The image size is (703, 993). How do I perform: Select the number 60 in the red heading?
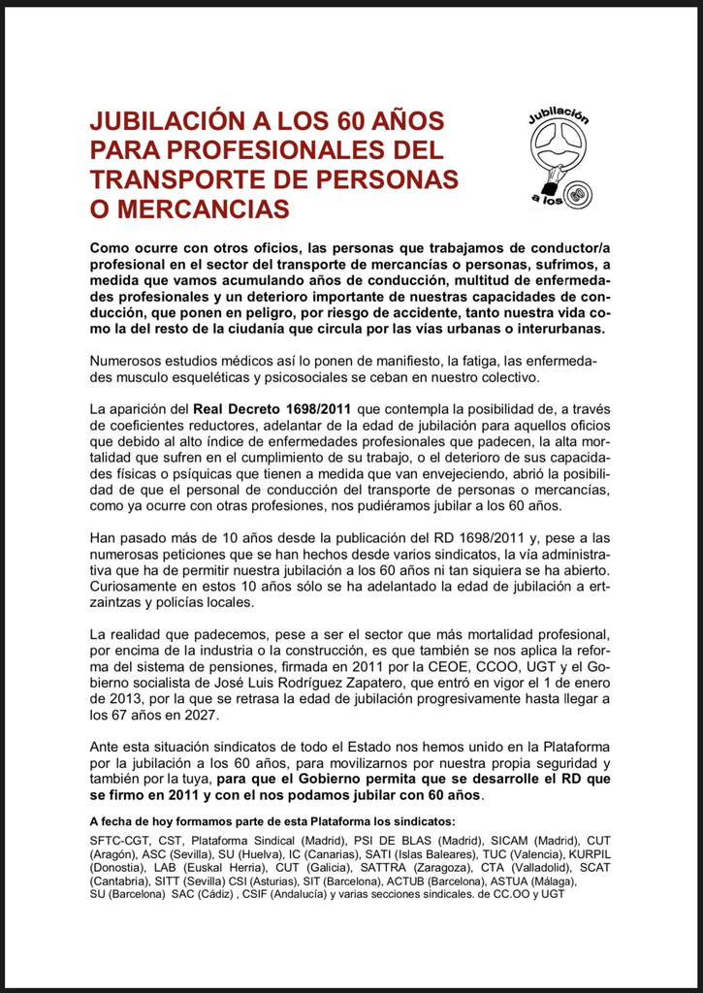(x=357, y=122)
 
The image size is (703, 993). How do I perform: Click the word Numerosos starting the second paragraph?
(x=128, y=361)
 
